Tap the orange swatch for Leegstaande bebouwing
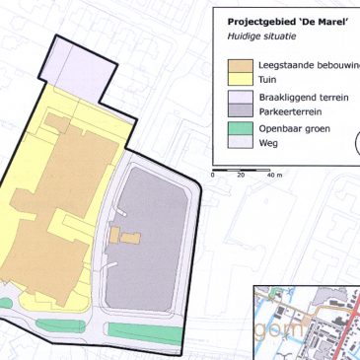237,65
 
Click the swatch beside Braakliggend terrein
237,99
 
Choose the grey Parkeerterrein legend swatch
237,112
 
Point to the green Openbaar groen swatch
237,128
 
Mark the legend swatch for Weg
237,144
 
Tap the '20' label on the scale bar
241,175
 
